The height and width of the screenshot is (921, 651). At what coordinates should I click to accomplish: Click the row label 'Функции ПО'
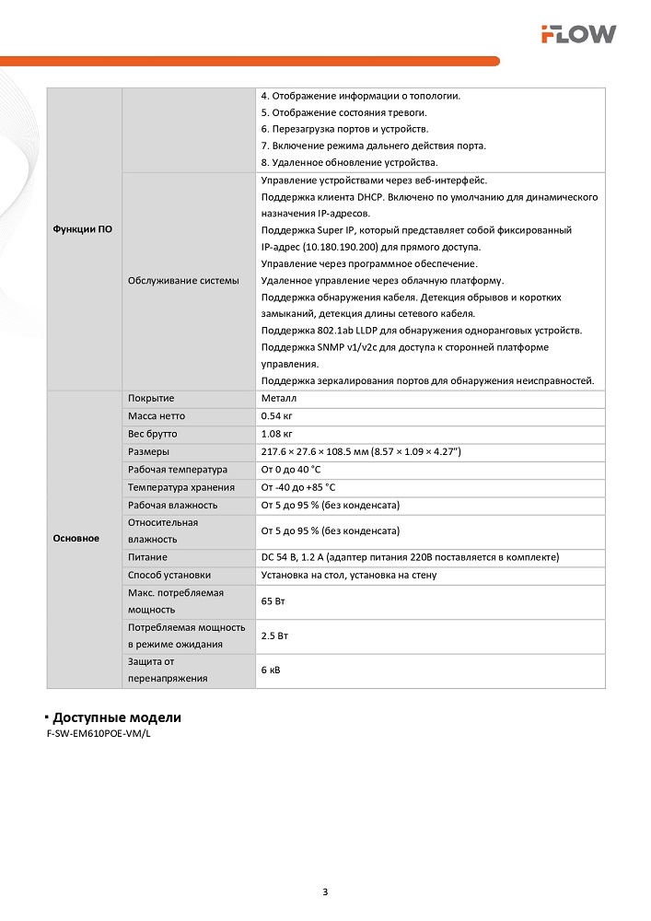point(83,229)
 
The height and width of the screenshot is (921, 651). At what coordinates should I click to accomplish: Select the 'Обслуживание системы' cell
point(183,280)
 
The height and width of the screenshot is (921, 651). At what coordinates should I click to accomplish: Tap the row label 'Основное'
point(76,539)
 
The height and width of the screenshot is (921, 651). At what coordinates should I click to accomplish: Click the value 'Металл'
point(279,399)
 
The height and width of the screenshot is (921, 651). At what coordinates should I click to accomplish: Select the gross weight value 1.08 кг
point(277,434)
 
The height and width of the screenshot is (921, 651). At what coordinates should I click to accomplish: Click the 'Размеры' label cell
point(148,452)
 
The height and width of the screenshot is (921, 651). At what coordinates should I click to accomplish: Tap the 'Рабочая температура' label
point(177,470)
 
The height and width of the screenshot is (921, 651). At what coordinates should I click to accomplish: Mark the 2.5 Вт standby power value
point(275,636)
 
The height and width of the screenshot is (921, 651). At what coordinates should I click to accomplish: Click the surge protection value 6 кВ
point(272,670)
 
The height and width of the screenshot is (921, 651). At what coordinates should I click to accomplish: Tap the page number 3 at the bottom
point(325,892)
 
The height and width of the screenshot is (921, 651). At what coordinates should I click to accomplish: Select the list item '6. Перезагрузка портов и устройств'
point(344,129)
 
